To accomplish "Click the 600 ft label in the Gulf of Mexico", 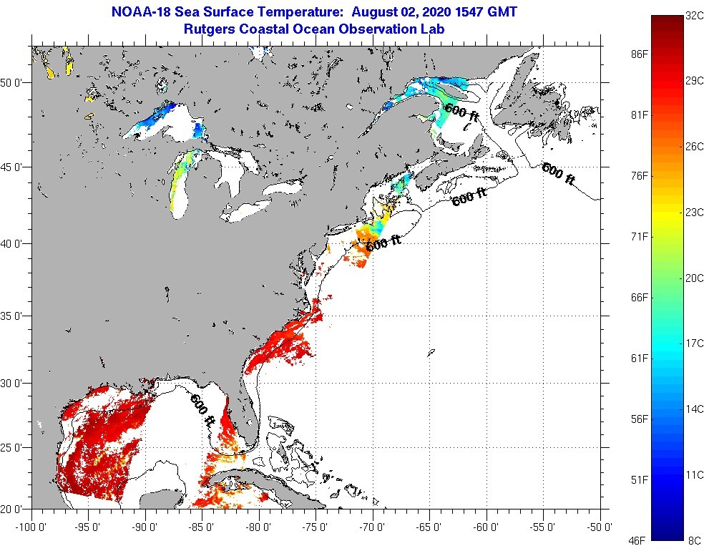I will (202, 411).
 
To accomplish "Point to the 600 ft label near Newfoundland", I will (559, 174).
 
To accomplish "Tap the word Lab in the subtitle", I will (433, 29).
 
